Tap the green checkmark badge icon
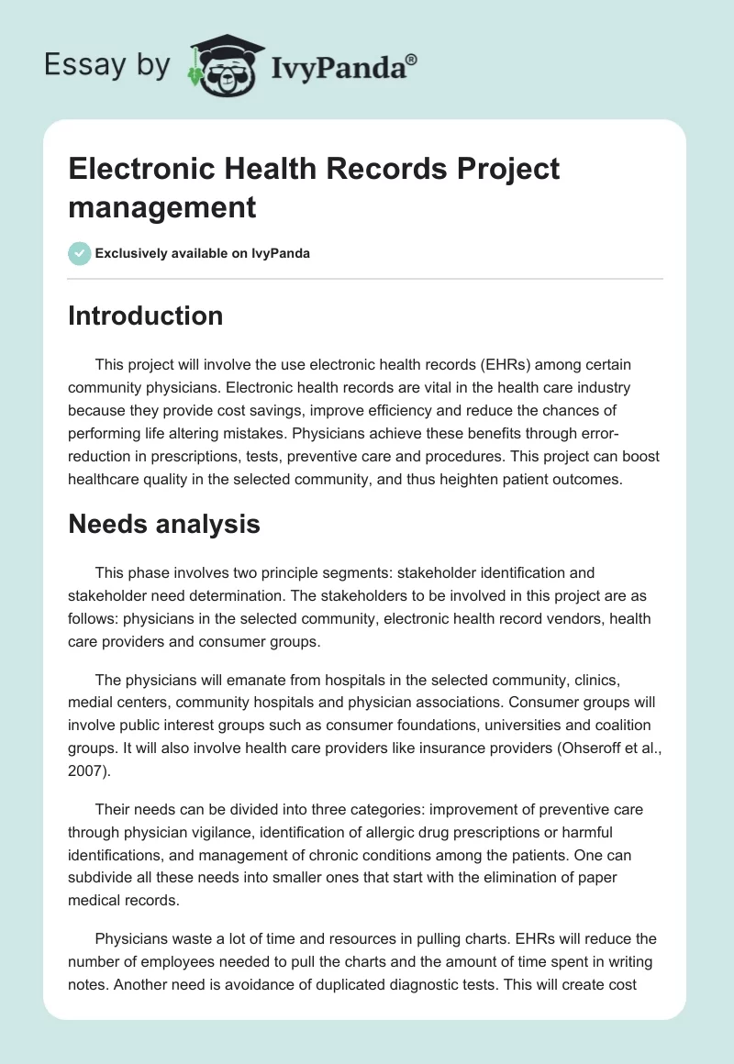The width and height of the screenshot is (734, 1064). pyautogui.click(x=80, y=254)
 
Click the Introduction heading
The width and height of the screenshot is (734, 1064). pyautogui.click(x=146, y=316)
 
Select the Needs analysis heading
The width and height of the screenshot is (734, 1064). pyautogui.click(x=164, y=524)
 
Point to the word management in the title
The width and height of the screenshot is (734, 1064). pyautogui.click(x=161, y=207)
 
